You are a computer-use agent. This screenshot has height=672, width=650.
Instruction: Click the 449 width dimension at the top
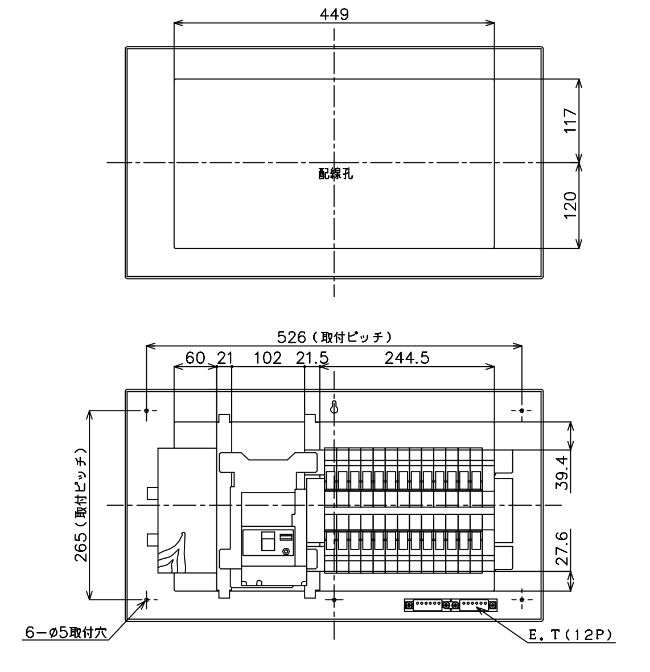[x=335, y=14]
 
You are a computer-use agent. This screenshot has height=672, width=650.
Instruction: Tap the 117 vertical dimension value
[x=570, y=120]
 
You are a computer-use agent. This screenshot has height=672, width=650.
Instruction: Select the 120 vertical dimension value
[x=570, y=205]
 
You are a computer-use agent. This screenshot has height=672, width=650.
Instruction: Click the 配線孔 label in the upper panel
[x=336, y=174]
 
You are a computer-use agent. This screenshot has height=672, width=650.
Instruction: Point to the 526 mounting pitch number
[x=291, y=337]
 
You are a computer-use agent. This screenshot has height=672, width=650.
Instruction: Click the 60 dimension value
[x=195, y=358]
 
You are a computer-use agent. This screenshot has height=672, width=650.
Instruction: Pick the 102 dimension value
[x=268, y=358]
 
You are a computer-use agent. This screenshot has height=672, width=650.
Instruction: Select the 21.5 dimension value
[x=312, y=358]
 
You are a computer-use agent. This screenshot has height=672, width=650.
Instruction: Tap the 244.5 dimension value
[x=407, y=358]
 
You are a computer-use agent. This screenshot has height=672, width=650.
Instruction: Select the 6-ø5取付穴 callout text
[x=66, y=632]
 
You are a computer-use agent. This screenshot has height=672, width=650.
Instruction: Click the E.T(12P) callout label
[x=571, y=635]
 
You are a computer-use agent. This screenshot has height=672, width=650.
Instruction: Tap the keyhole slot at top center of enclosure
[x=335, y=407]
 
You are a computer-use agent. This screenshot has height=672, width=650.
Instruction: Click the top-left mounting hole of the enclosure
[x=146, y=411]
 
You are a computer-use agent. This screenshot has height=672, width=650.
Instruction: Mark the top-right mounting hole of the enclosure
[x=521, y=411]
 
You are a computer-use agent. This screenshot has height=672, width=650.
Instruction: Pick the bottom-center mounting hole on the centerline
[x=335, y=600]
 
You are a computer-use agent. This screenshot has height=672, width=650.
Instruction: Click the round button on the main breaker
[x=286, y=552]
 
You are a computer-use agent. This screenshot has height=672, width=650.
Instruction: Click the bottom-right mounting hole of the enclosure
[x=521, y=600]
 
